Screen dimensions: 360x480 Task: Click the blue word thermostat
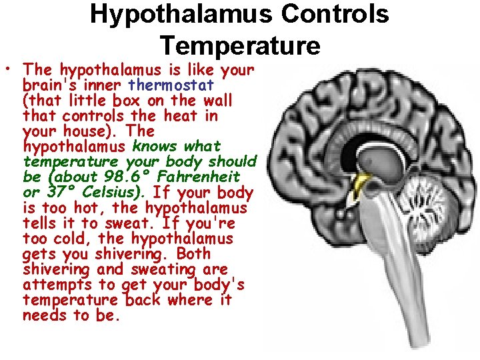pos(171,85)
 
